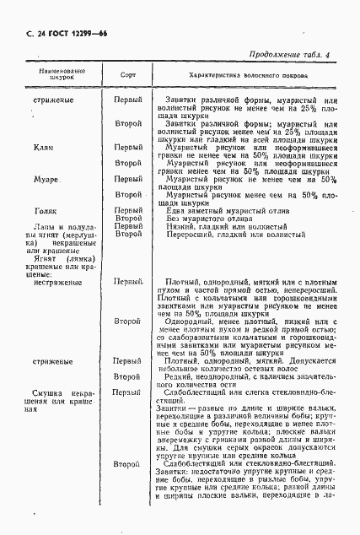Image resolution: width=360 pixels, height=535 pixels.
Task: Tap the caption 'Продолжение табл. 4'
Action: pos(299,56)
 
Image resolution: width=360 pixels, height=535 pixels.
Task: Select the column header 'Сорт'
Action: pos(127,75)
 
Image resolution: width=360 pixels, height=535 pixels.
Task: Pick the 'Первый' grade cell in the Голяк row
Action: pos(127,210)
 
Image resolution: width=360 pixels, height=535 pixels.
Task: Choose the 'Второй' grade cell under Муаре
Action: pos(127,195)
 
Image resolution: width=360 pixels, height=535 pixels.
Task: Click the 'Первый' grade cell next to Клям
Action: pos(127,147)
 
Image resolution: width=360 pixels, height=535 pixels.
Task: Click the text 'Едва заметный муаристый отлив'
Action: pos(219,210)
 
